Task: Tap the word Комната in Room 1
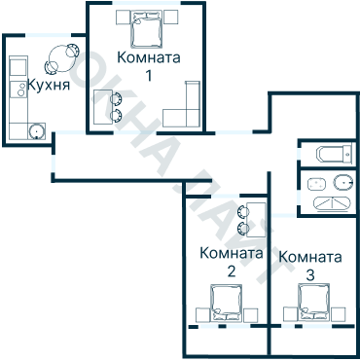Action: [x=148, y=57]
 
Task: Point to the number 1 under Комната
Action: [x=148, y=75]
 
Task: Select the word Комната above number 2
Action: [x=231, y=253]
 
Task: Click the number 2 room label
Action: [x=231, y=271]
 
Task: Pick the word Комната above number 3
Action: [x=309, y=258]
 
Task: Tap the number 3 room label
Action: [x=309, y=275]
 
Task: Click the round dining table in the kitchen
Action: [x=60, y=55]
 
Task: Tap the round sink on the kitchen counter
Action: [x=37, y=131]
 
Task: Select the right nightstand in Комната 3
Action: [x=340, y=313]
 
